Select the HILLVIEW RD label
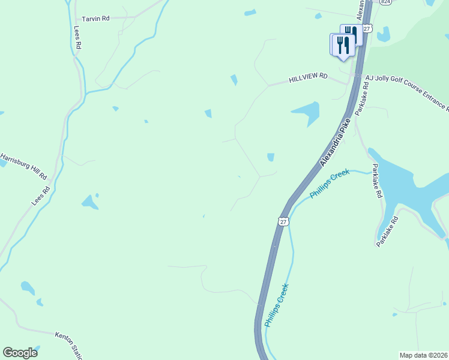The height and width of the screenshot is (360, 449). point(308,77)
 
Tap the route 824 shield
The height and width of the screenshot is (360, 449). point(385,2)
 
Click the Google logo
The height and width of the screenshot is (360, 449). point(20,353)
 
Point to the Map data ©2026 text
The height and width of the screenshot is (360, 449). point(423,355)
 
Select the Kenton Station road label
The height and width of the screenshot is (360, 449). point(69,345)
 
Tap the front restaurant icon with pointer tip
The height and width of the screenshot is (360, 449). point(342,46)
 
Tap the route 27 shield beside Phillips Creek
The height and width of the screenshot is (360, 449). point(283,221)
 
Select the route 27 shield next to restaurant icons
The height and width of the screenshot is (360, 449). point(367,28)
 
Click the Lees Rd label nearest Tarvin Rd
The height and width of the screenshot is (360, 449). point(77,37)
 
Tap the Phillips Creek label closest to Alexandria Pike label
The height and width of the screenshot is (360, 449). point(329,184)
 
